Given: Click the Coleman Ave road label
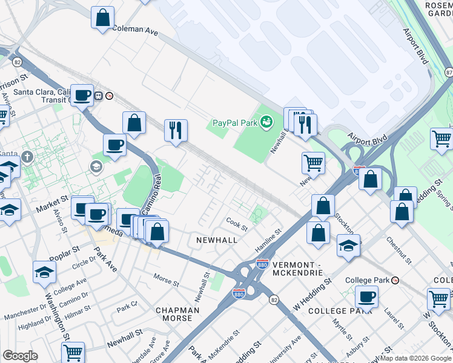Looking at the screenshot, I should [x=134, y=29].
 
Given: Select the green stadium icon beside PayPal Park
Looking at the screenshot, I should [x=266, y=123].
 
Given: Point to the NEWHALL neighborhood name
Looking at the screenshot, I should [x=216, y=240].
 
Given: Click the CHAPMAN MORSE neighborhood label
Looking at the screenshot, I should [x=177, y=315].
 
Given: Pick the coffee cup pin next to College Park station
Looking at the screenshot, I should [x=366, y=296].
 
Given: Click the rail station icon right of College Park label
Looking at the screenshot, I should [x=395, y=280].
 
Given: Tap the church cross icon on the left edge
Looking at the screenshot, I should [x=26, y=157].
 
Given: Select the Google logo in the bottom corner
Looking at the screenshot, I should [x=20, y=356].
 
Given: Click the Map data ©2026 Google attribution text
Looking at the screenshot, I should [x=415, y=358].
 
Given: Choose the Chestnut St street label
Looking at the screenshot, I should [x=398, y=250].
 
